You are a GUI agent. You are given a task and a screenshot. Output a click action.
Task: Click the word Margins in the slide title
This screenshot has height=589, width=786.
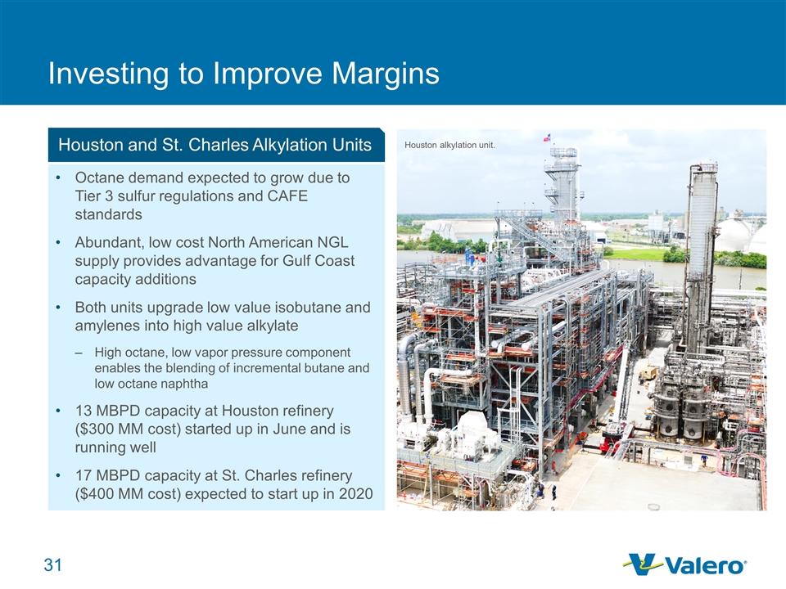point(385,74)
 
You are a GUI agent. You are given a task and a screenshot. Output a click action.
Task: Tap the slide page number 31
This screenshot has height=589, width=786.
point(53,565)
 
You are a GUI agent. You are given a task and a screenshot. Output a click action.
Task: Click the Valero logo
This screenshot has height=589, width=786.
point(684,564)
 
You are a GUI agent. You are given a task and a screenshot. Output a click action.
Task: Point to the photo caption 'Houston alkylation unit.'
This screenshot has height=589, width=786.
point(449,146)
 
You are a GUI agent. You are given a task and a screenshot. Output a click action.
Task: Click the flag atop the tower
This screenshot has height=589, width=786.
point(547,137)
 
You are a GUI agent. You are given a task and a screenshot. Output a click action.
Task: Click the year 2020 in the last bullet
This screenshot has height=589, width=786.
point(356,494)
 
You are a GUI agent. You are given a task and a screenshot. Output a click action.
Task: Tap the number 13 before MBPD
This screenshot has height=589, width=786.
point(84,411)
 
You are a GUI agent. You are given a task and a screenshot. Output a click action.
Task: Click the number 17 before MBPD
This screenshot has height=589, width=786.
point(84,475)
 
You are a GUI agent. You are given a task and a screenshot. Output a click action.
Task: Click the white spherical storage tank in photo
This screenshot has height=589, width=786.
point(734,234)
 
